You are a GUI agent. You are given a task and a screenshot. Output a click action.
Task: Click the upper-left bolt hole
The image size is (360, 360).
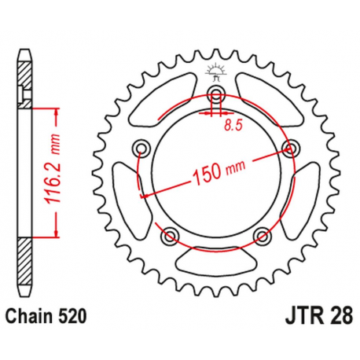coord(142,149)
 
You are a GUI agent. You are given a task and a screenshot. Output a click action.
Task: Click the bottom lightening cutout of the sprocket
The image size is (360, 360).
coord(216,257)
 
